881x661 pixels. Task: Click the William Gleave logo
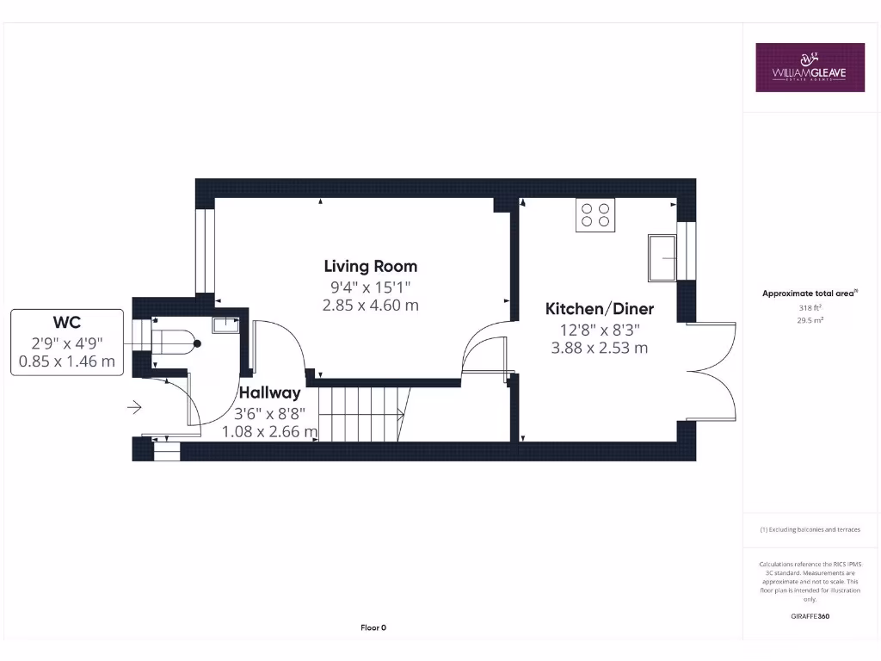pyautogui.click(x=810, y=67)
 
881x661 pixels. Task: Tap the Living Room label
pyautogui.click(x=370, y=267)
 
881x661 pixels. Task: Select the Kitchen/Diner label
pyautogui.click(x=600, y=309)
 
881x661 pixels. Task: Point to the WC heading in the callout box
pyautogui.click(x=67, y=323)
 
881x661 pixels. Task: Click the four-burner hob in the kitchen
pyautogui.click(x=595, y=214)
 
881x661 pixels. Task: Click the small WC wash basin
pyautogui.click(x=225, y=324)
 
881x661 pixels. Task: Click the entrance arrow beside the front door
pyautogui.click(x=134, y=406)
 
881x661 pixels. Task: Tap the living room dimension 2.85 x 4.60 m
pyautogui.click(x=370, y=305)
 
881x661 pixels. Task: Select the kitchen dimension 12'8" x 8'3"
pyautogui.click(x=600, y=329)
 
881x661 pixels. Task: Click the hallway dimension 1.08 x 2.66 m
pyautogui.click(x=269, y=431)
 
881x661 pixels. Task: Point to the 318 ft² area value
pyautogui.click(x=810, y=306)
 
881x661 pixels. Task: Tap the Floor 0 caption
pyautogui.click(x=373, y=627)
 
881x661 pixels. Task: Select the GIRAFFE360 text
pyautogui.click(x=810, y=616)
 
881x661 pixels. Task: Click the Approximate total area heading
pyautogui.click(x=809, y=293)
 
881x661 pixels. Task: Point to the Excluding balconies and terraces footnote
pyautogui.click(x=810, y=529)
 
